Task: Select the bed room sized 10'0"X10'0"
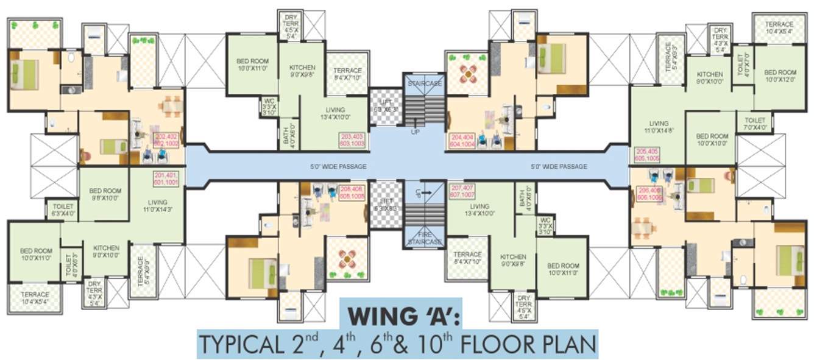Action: click(710, 139)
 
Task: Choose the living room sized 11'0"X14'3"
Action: click(157, 206)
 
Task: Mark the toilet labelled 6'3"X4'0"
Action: click(63, 210)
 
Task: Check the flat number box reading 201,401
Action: click(166, 178)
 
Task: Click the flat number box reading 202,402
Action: click(167, 139)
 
